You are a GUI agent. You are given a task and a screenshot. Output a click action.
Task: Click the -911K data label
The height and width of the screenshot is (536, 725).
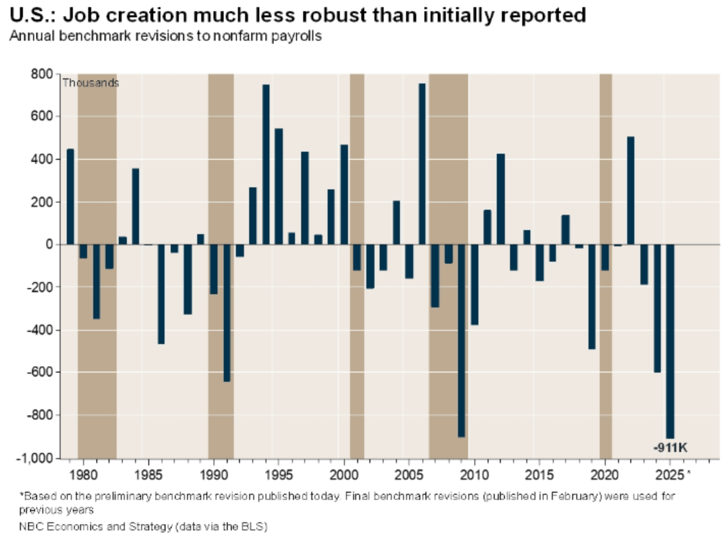click(x=670, y=448)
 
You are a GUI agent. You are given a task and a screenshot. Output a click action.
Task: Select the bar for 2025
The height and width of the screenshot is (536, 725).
click(x=670, y=341)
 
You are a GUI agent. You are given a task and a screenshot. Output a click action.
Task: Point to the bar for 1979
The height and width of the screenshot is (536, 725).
click(x=70, y=196)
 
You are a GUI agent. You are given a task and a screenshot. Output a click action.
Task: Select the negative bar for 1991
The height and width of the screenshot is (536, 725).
click(x=227, y=313)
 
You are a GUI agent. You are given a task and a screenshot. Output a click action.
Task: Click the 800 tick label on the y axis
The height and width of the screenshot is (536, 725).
click(x=42, y=74)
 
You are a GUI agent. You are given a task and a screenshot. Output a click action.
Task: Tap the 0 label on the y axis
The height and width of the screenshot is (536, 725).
click(x=49, y=244)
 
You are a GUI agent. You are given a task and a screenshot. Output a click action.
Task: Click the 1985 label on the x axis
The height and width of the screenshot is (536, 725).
click(x=148, y=475)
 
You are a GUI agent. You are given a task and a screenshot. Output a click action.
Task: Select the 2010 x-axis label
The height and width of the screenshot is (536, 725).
click(x=474, y=475)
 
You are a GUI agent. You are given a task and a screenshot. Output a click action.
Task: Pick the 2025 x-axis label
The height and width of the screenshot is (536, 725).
click(x=669, y=475)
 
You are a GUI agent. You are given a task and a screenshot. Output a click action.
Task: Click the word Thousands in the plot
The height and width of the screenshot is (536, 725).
click(x=91, y=83)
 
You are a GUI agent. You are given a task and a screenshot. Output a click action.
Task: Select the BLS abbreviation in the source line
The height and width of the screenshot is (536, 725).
click(x=254, y=526)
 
